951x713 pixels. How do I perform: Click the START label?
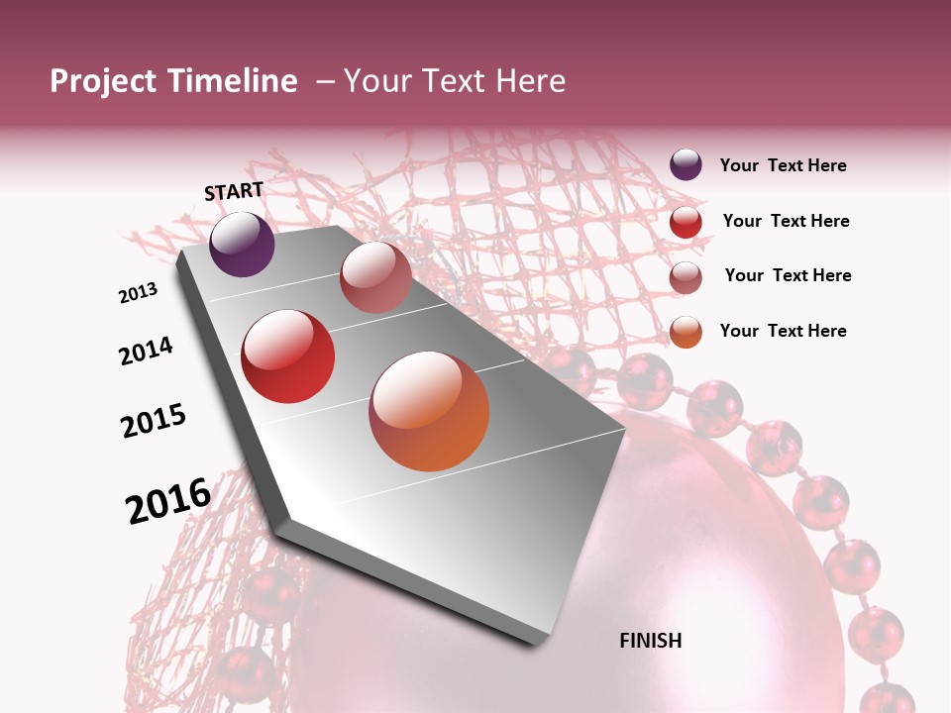point(234,191)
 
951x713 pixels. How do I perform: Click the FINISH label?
point(650,641)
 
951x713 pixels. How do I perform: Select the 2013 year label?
point(138,293)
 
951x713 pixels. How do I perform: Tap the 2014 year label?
point(146,351)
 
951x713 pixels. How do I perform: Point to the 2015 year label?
point(154,421)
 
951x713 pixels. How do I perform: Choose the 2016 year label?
point(168,501)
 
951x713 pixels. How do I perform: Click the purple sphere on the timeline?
point(242,244)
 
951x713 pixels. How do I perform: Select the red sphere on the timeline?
point(287,356)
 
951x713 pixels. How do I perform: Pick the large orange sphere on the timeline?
point(429,411)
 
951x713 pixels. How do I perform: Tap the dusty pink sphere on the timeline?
point(375,277)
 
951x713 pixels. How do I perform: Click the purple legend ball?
point(686,165)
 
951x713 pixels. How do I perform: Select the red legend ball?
point(686,222)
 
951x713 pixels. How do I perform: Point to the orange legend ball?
point(686,332)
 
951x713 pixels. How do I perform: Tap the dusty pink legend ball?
point(686,277)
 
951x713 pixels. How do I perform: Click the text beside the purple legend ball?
point(783,166)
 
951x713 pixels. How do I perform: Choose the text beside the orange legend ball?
point(783,331)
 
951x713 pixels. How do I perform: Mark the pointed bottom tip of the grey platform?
point(540,642)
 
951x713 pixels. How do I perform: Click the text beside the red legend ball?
point(786,221)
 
